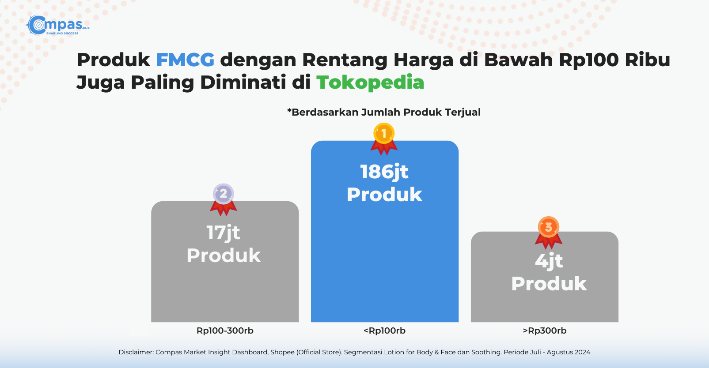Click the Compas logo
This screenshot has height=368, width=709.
click(57, 25)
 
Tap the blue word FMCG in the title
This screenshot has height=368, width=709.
click(185, 60)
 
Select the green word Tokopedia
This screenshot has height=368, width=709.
click(370, 83)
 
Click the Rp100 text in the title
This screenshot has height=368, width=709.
click(589, 60)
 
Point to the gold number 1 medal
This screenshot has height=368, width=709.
click(384, 139)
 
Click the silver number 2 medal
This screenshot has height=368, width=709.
click(224, 199)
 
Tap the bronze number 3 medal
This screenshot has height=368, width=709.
click(549, 233)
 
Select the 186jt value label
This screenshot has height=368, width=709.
click(384, 172)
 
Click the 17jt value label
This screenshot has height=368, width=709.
click(224, 233)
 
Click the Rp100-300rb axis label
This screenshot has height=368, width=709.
click(225, 330)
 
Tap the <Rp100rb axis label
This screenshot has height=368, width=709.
click(385, 330)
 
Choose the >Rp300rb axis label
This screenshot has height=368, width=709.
click(544, 330)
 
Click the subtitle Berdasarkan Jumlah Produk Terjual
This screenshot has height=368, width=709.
click(384, 112)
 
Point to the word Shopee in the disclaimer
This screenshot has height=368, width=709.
click(282, 352)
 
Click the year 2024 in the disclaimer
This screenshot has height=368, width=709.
click(581, 352)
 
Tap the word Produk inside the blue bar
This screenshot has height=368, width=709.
click(384, 195)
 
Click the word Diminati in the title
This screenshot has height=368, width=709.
click(243, 83)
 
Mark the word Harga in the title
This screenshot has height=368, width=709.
click(424, 60)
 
